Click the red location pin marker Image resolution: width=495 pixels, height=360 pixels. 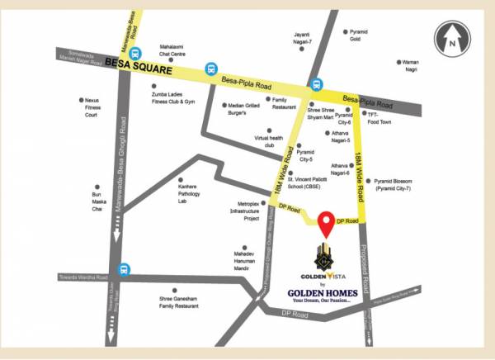click(x=328, y=223)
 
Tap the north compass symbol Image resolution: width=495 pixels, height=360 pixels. click(x=452, y=39)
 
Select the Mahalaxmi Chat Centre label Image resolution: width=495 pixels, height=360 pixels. click(x=177, y=53)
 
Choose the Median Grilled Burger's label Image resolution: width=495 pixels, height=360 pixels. click(x=243, y=110)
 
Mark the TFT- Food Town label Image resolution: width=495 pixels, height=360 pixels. click(x=378, y=118)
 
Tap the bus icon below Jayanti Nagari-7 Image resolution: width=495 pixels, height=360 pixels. click(x=314, y=83)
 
